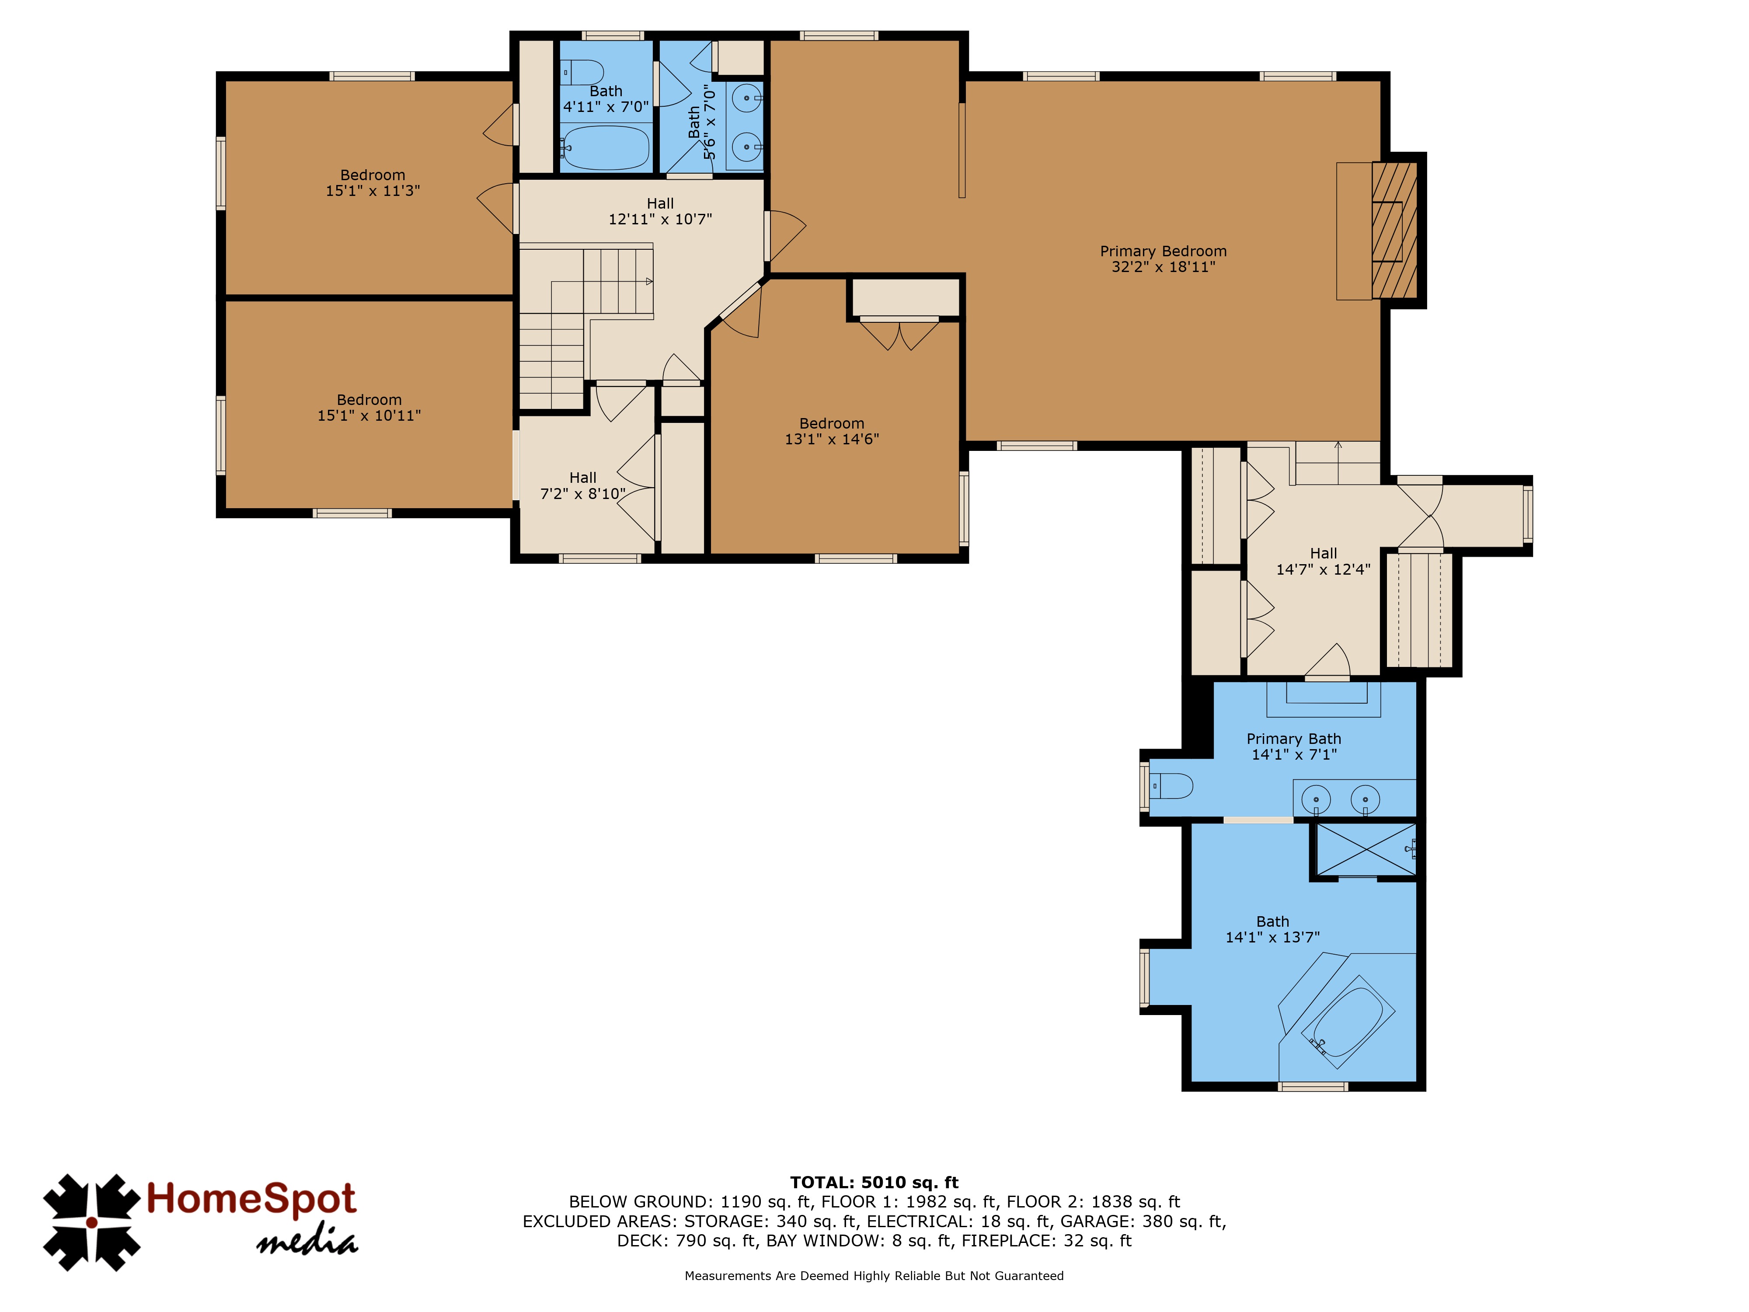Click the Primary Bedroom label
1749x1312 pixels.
coord(1163,258)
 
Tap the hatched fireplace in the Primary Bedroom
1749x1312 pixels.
coord(1394,230)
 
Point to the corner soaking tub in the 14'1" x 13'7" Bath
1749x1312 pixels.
coord(1347,1021)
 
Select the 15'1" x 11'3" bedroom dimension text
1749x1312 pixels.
coord(373,191)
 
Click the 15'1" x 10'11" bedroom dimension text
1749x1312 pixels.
coord(369,415)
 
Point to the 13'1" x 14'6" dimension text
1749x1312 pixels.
coord(832,439)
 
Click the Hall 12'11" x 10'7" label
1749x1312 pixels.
coord(660,211)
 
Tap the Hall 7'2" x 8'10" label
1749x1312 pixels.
coord(583,485)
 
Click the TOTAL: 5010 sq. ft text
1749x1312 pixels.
coord(874,1182)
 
